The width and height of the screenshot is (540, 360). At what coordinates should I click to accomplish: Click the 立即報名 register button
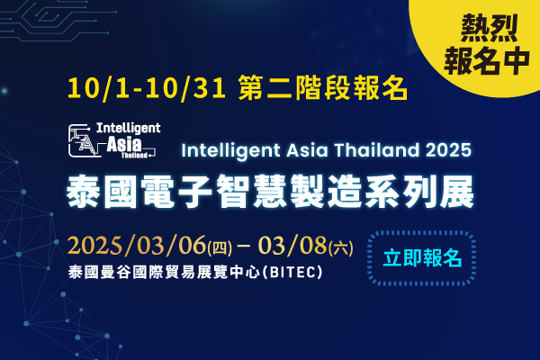[422, 258]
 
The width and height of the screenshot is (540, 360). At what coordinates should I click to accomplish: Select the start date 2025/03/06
[137, 246]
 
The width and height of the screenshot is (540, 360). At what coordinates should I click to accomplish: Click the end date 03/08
[292, 246]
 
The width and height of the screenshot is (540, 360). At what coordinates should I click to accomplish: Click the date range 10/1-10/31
[147, 88]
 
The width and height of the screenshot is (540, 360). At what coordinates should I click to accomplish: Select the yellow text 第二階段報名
[323, 88]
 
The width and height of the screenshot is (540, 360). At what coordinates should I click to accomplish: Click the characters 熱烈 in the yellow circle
[489, 29]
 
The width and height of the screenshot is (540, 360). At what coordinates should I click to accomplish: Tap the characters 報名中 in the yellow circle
[487, 61]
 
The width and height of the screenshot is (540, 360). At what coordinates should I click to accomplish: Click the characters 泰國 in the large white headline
[102, 191]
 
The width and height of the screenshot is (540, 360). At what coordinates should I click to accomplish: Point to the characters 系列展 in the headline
[419, 191]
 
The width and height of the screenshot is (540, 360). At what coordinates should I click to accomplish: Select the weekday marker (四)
[220, 248]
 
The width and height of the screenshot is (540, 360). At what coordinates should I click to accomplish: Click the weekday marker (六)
[340, 248]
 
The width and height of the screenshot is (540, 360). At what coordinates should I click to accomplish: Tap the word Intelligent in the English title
[230, 150]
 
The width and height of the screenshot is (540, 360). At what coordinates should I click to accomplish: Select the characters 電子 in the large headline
[176, 191]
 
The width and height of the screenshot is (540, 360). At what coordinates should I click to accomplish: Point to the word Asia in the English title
[307, 150]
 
